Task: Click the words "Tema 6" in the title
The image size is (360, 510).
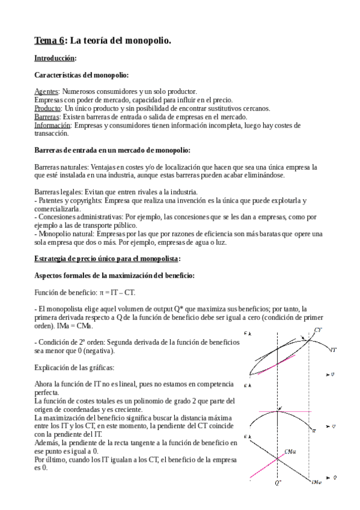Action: pyautogui.click(x=49, y=40)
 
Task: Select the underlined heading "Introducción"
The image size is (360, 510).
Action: pyautogui.click(x=55, y=58)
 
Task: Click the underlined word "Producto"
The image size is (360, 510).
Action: pyautogui.click(x=47, y=108)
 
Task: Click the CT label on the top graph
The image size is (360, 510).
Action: pyautogui.click(x=317, y=330)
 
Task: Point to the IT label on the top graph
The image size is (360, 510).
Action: pyautogui.click(x=334, y=348)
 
